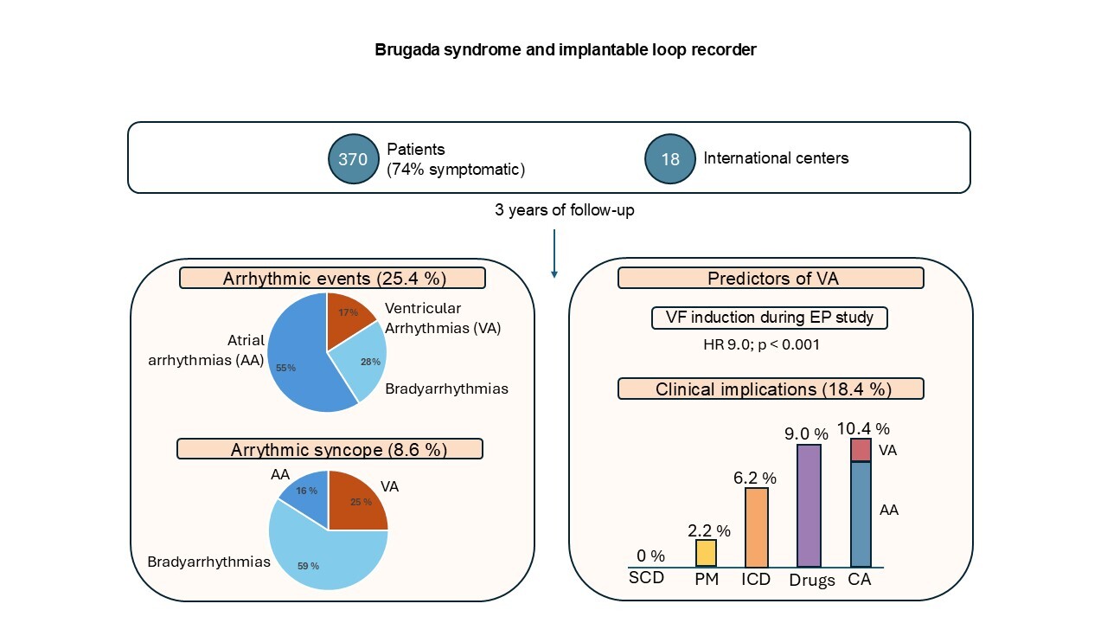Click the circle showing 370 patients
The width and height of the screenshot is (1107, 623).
(x=353, y=159)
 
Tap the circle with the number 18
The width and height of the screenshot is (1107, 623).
(x=670, y=159)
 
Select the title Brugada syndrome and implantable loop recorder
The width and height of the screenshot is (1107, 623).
(x=566, y=50)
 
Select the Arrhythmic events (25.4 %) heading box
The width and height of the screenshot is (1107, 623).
(x=332, y=279)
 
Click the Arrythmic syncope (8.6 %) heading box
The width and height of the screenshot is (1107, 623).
(x=330, y=449)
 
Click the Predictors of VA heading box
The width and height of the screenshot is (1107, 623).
(x=771, y=279)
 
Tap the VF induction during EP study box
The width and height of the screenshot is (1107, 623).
(x=770, y=318)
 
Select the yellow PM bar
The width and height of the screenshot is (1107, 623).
(x=706, y=553)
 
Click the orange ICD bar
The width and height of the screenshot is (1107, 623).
(x=756, y=527)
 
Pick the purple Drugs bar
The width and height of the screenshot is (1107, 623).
(x=809, y=505)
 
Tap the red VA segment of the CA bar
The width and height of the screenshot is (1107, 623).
(x=861, y=450)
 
